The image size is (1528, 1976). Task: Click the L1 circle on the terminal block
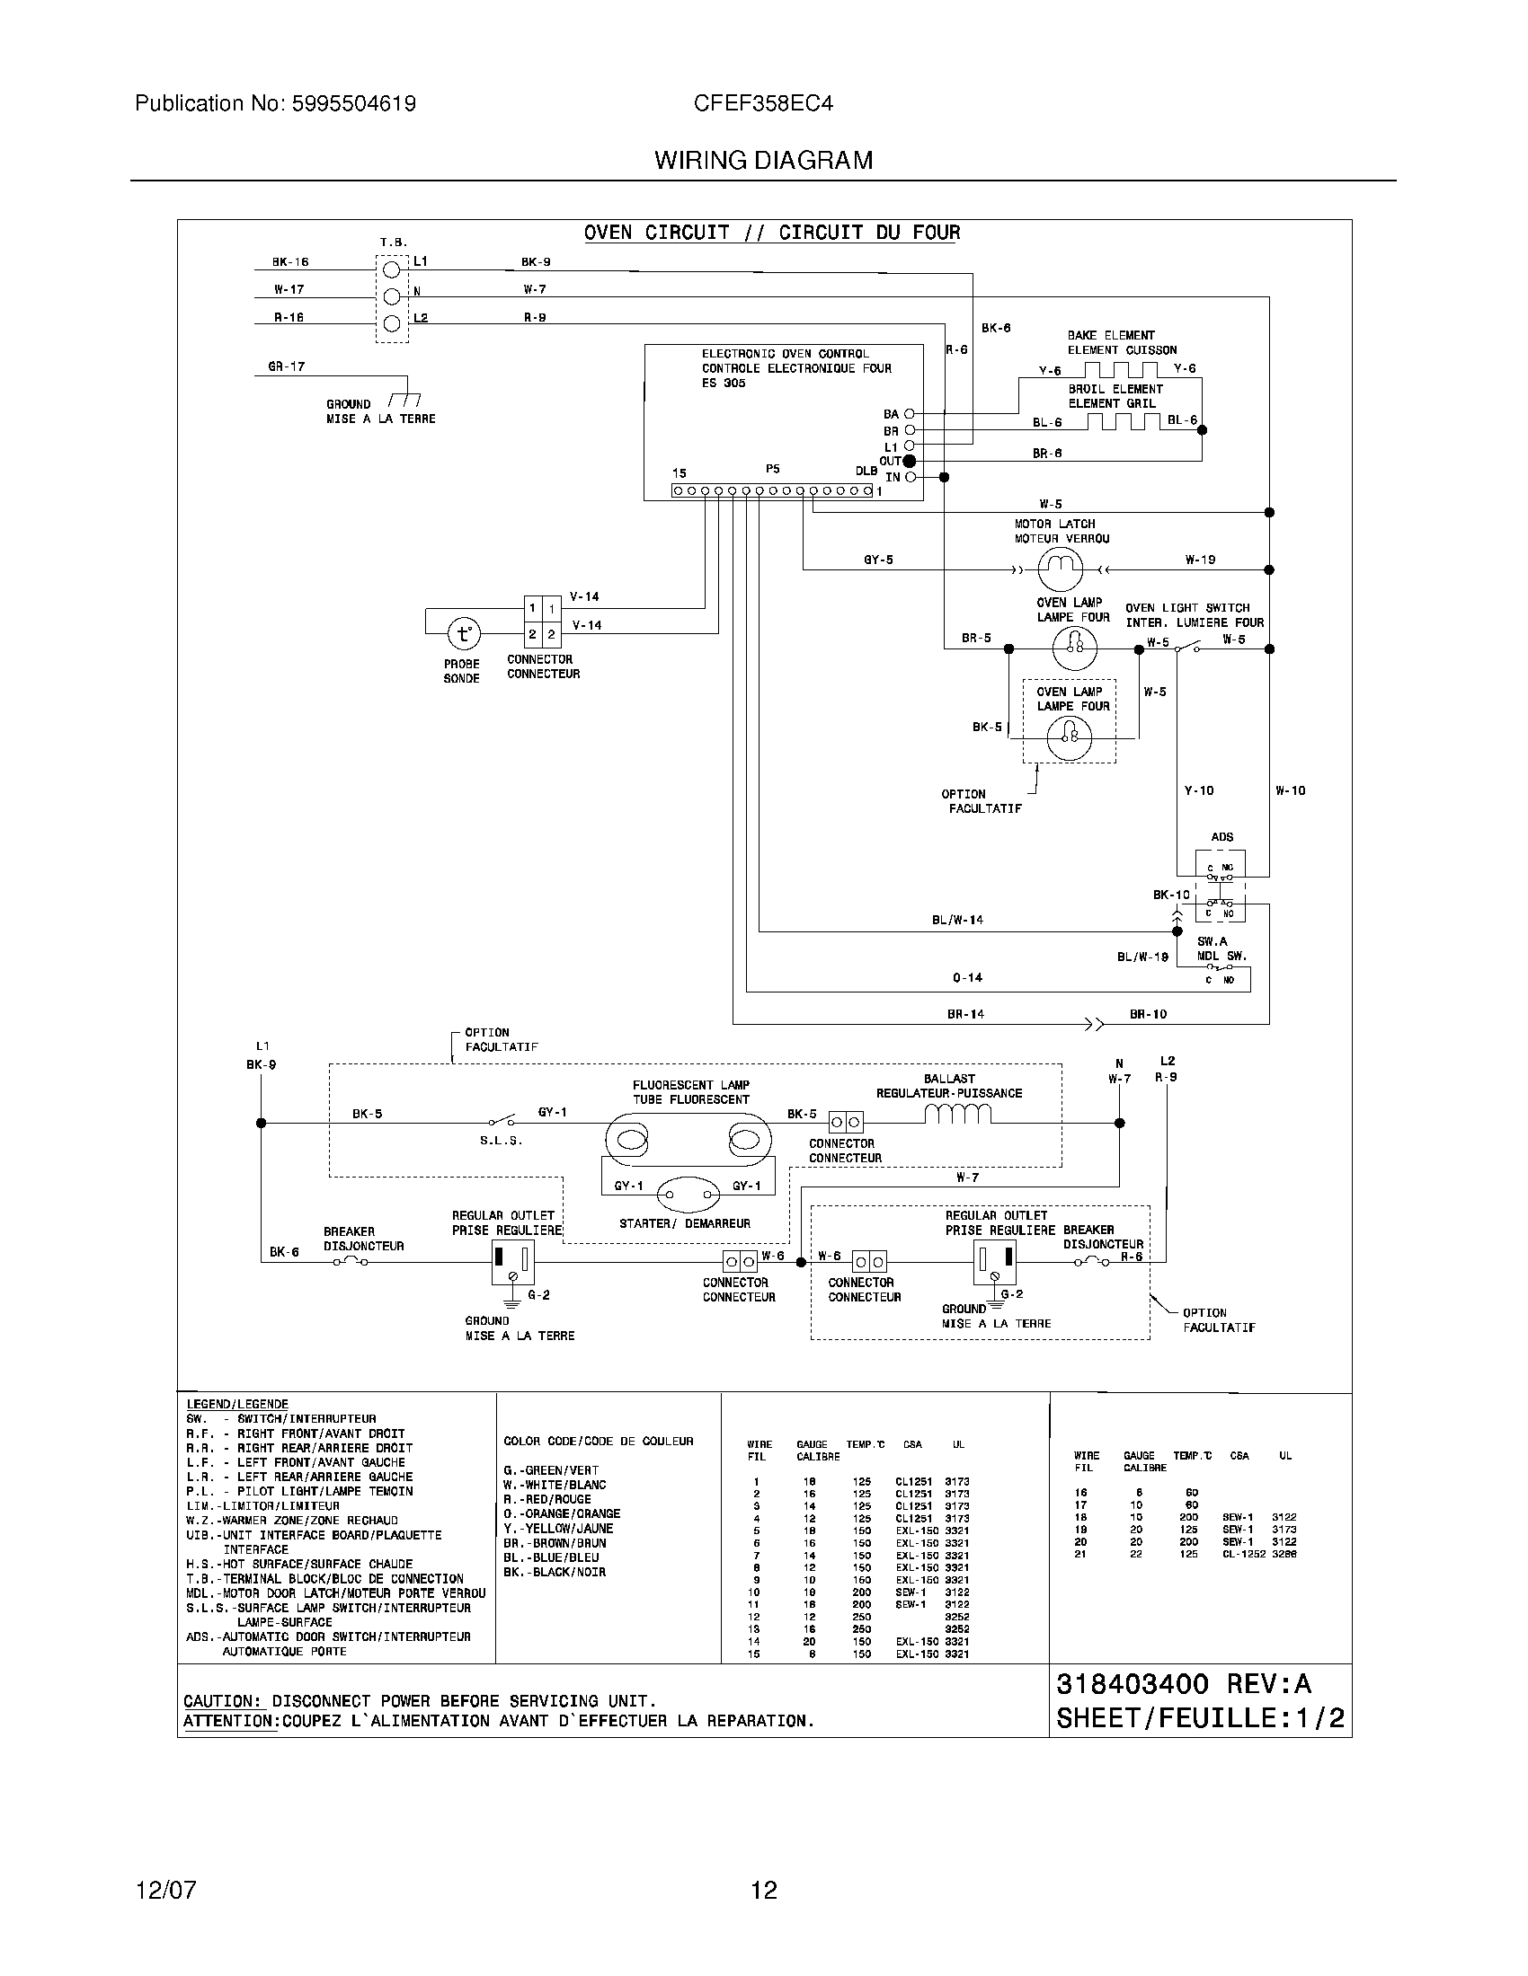coord(392,269)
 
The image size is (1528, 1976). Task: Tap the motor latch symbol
coord(1058,569)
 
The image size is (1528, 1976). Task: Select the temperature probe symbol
coord(464,634)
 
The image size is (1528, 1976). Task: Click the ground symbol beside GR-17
coord(404,400)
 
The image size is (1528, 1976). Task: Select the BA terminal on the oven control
coord(910,414)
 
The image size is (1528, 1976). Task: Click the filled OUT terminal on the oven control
coord(910,462)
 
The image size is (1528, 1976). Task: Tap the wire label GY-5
coord(877,560)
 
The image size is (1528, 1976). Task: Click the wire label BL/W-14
coord(957,920)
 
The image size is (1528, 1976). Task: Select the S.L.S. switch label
coord(501,1141)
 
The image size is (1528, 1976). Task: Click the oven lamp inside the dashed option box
coord(1069,738)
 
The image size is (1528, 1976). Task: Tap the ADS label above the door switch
coord(1222,837)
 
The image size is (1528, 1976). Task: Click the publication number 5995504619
coord(353,104)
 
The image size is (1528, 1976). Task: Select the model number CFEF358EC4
coord(762,104)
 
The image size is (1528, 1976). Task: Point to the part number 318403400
coord(1132,1684)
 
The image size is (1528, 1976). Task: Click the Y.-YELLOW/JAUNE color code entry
coord(557,1528)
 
